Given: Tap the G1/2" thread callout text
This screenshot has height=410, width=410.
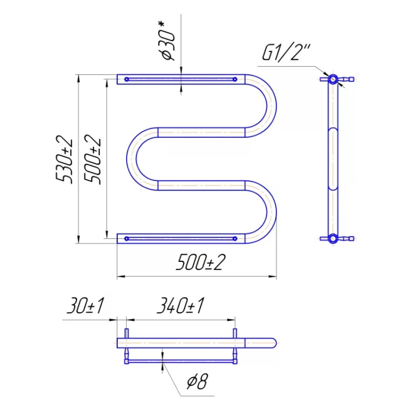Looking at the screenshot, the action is point(285,53).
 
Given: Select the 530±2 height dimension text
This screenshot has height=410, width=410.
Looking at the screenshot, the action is point(64,159).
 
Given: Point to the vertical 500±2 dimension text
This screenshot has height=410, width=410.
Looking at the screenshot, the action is point(92,159).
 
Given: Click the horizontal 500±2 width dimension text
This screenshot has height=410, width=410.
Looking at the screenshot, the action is point(200,262).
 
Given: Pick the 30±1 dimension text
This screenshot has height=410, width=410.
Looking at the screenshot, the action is point(86,305).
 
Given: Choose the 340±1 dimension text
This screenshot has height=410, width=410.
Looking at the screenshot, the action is point(180,305).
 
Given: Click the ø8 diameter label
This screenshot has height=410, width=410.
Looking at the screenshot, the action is point(197,381).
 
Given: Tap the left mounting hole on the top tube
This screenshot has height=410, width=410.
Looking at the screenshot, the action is point(127,79).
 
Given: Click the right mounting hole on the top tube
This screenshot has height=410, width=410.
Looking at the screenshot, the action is point(235,79).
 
